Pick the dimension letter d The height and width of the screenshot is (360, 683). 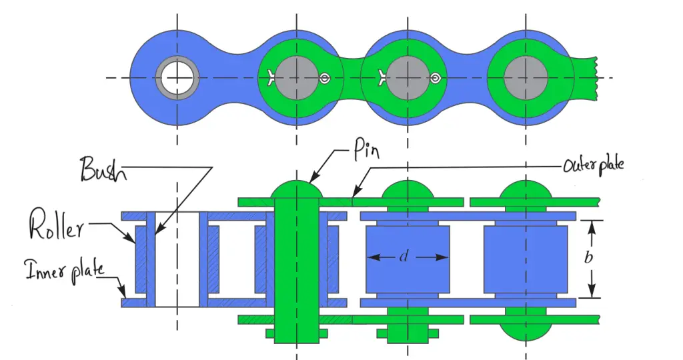tap(404, 257)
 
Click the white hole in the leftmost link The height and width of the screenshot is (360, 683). tap(177, 77)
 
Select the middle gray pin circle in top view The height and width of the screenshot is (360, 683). tap(407, 77)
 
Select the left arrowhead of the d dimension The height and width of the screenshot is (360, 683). tap(371, 257)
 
